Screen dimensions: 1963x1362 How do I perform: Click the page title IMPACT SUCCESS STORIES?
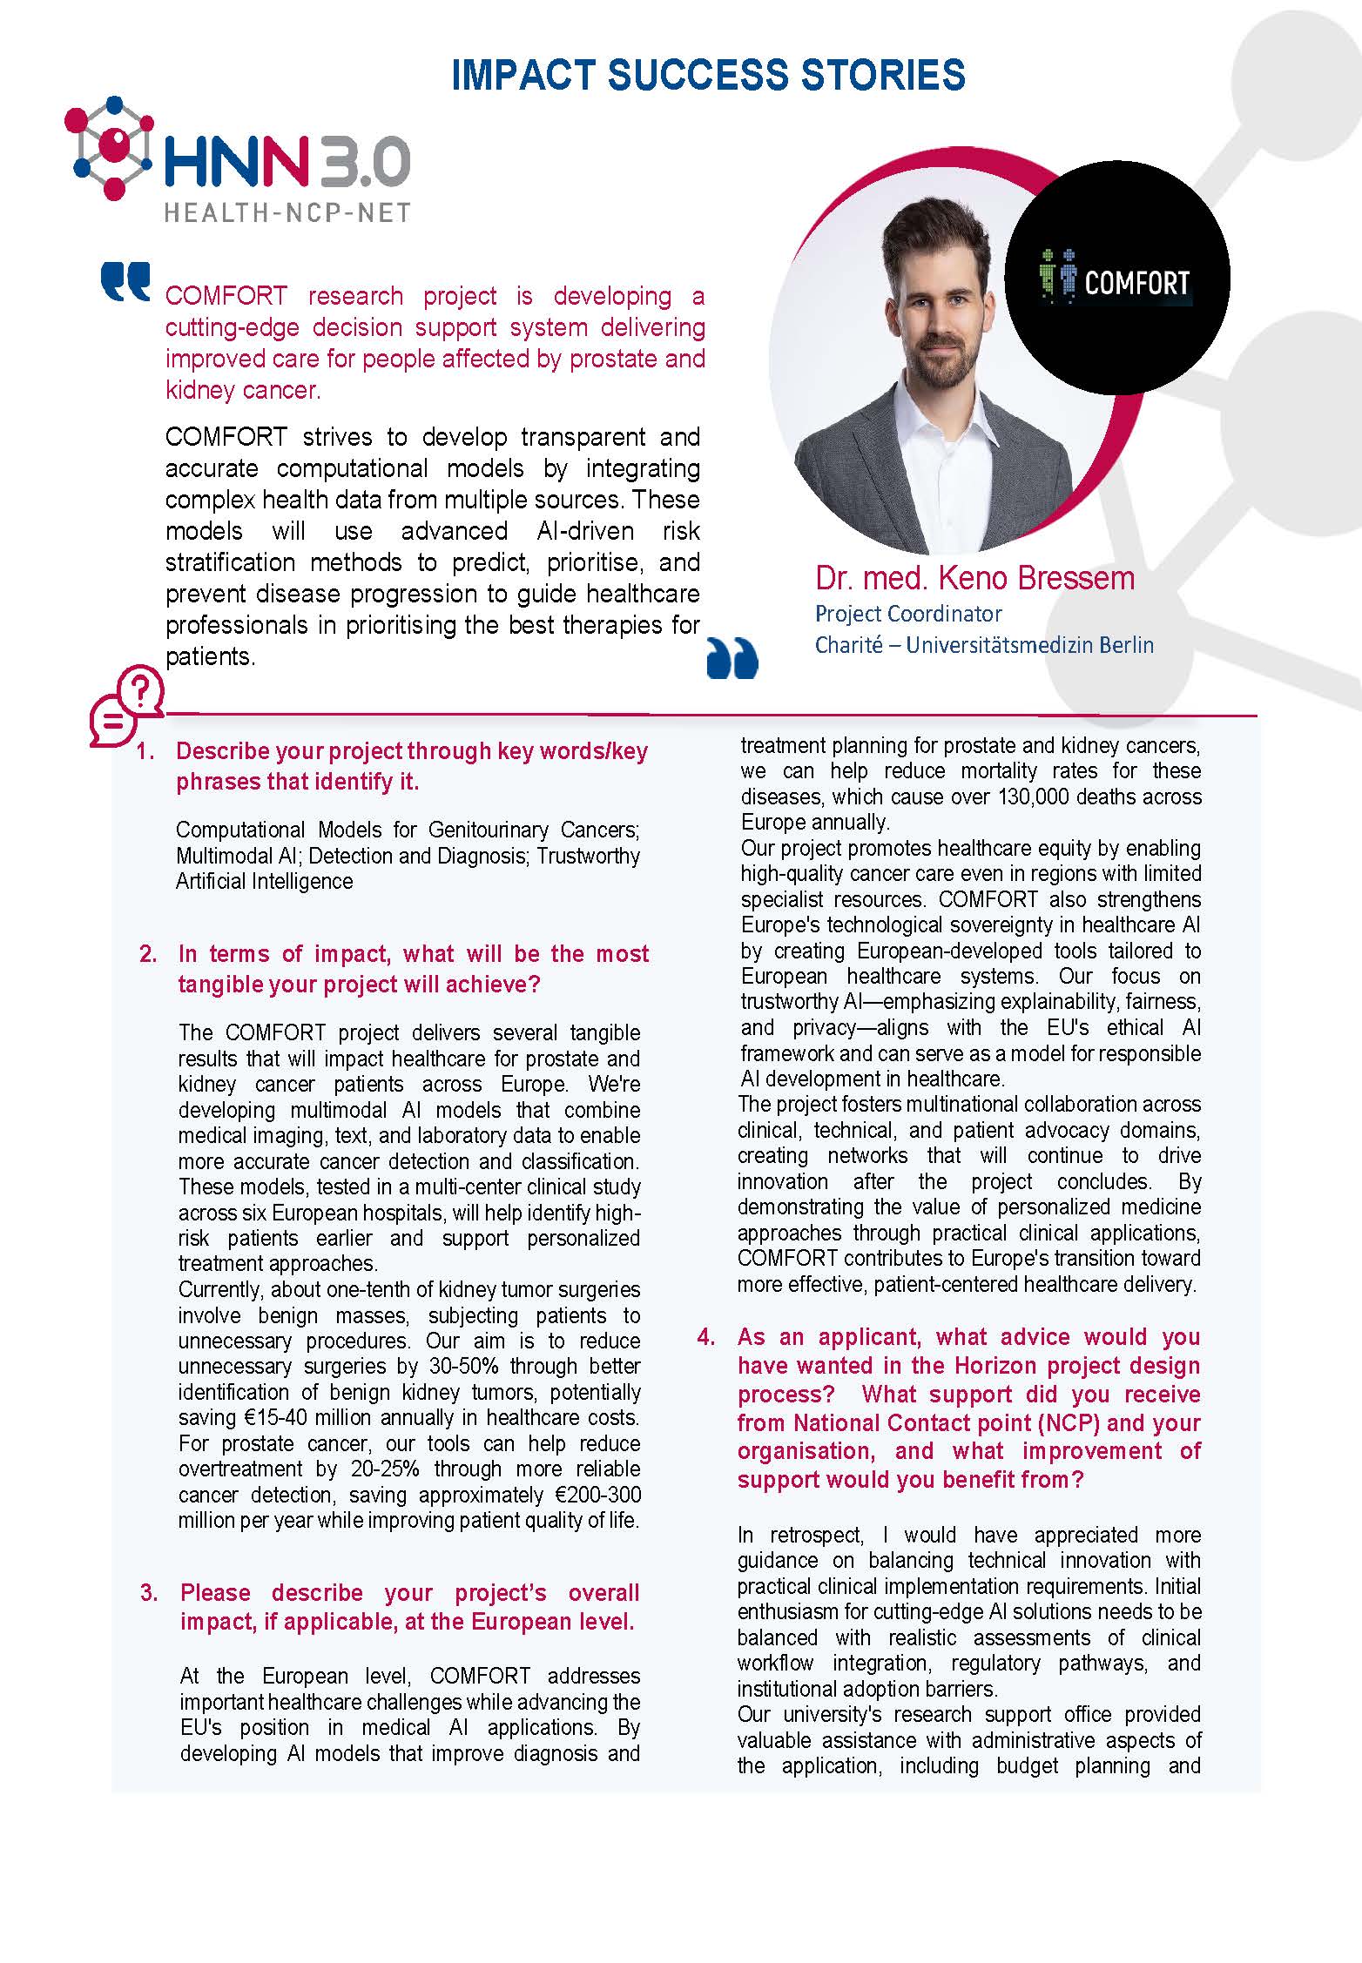coord(708,76)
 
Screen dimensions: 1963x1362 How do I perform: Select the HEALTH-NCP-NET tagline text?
coord(287,212)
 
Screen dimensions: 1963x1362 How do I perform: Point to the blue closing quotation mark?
coord(732,658)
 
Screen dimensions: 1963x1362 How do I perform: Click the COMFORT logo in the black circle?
coord(1117,281)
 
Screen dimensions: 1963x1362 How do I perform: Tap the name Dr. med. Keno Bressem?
coord(974,578)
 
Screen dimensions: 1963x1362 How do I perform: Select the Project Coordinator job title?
coord(908,614)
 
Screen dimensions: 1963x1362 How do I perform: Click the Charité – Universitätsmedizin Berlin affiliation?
coord(984,645)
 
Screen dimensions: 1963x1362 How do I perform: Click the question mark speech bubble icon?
coord(126,705)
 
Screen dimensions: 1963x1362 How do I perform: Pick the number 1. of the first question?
coord(145,751)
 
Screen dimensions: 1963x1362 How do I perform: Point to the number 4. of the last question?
coord(706,1337)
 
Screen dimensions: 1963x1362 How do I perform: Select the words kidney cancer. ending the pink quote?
coord(243,390)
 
